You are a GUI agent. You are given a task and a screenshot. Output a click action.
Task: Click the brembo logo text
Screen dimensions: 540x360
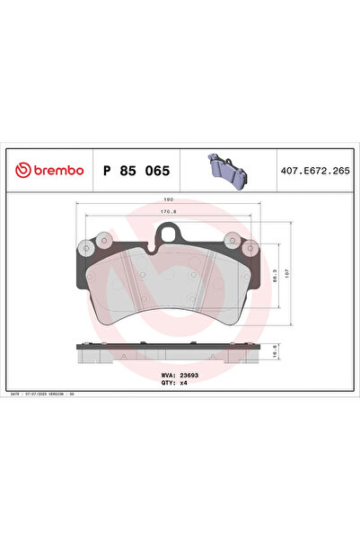[55, 169]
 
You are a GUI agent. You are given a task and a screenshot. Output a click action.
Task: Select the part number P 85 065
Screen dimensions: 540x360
[137, 169]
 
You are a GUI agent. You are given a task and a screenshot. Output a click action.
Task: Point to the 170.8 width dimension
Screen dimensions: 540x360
[167, 213]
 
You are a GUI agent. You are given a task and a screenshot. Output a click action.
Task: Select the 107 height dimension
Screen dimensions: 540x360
[286, 273]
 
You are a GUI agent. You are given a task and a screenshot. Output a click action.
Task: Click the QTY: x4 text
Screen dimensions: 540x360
[173, 384]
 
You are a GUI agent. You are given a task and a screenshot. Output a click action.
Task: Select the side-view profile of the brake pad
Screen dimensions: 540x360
[167, 353]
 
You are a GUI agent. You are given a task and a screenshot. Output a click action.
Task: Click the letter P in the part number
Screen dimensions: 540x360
[108, 169]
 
